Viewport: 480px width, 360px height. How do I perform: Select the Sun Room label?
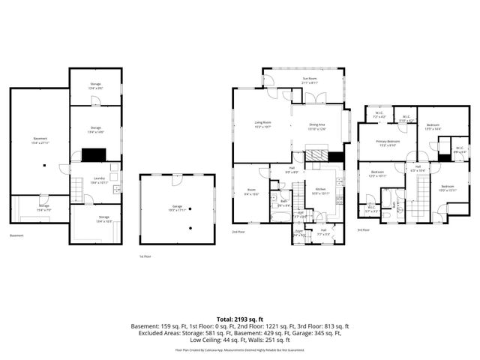coord(308,79)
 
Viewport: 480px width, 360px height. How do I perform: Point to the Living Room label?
coord(262,124)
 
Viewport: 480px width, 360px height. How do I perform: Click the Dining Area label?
coord(317,126)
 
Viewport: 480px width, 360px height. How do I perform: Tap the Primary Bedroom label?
coord(388,142)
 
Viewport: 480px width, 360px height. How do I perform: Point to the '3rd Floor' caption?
coord(363,229)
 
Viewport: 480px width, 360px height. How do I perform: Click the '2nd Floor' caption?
coord(239,232)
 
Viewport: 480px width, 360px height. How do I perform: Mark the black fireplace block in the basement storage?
coord(94,155)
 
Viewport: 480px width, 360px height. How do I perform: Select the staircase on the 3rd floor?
coord(417,202)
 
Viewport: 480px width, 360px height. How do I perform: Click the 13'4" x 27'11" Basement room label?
coord(40,140)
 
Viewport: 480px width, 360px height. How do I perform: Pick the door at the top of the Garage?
coord(174,180)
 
